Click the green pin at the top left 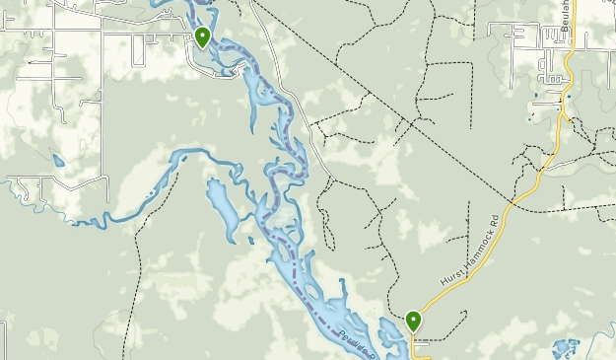point(202,36)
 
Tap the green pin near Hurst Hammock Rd point(413,321)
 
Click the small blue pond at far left point(59,161)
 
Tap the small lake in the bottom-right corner point(565,348)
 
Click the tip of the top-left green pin point(202,49)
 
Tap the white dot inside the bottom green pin point(413,319)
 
